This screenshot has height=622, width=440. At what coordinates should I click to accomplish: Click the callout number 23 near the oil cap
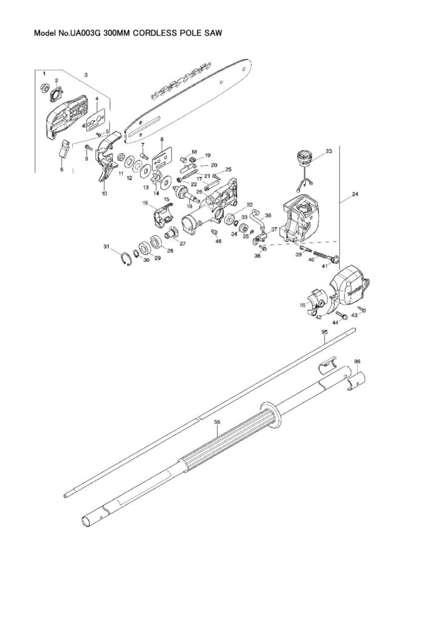click(328, 150)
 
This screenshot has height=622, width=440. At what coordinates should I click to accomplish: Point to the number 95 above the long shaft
click(325, 332)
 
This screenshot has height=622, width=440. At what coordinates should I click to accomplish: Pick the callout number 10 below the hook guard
click(104, 194)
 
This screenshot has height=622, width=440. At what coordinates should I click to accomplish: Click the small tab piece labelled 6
click(63, 148)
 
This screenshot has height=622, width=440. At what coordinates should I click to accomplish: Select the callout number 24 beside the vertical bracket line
click(354, 196)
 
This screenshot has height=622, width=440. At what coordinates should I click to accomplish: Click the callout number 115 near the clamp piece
click(302, 306)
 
